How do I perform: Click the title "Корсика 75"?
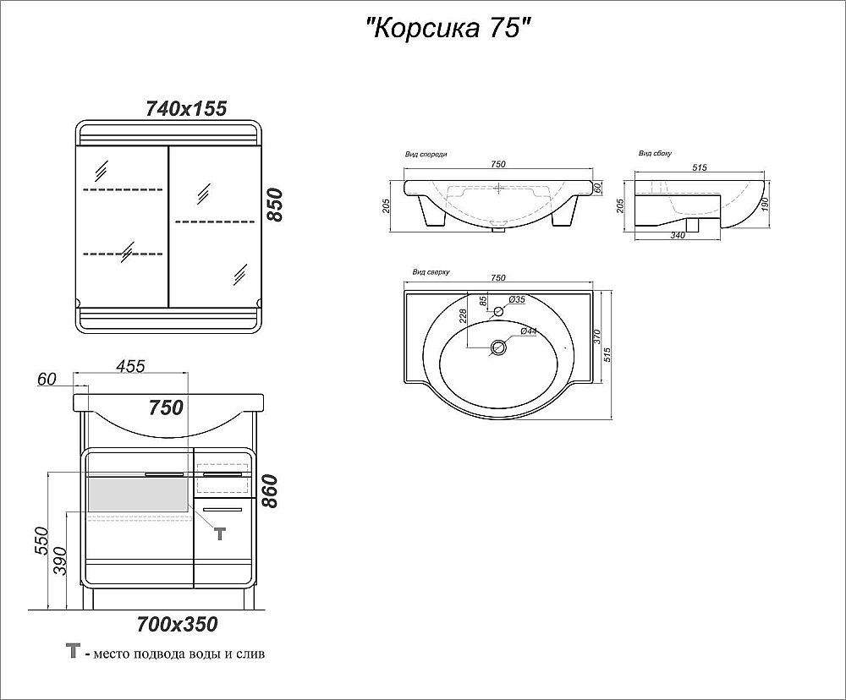click(448, 29)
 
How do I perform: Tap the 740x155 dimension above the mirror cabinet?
click(186, 108)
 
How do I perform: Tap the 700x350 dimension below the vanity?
click(177, 625)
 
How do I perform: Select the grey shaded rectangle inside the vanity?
click(139, 495)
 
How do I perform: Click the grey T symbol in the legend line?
click(74, 652)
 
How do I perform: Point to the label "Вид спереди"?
click(426, 155)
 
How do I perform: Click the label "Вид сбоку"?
click(655, 155)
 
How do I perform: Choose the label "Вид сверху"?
click(431, 273)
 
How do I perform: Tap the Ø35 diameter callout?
click(518, 299)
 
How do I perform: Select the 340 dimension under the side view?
click(678, 236)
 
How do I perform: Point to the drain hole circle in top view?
click(499, 347)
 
